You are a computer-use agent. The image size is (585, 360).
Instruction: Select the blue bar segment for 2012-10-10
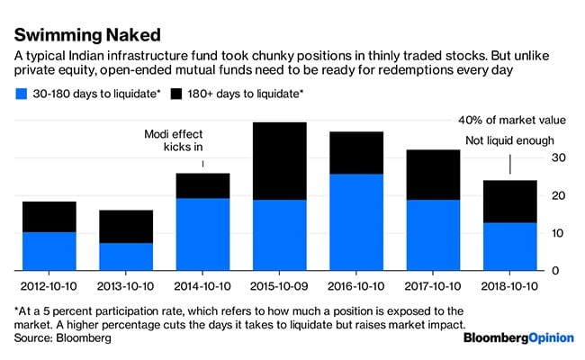(x=49, y=251)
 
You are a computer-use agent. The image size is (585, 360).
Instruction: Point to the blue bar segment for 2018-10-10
(x=511, y=247)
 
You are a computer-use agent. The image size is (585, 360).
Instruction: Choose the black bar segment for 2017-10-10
(x=434, y=175)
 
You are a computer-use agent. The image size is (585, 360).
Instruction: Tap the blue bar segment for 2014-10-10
(x=202, y=234)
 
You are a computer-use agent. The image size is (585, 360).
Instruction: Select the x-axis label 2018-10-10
(x=511, y=287)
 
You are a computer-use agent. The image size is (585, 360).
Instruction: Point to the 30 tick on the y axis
(x=558, y=158)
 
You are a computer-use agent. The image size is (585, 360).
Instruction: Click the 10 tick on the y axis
(x=558, y=233)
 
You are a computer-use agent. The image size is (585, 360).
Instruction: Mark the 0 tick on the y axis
(x=558, y=271)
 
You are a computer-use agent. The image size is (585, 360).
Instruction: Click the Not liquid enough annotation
(x=509, y=140)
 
